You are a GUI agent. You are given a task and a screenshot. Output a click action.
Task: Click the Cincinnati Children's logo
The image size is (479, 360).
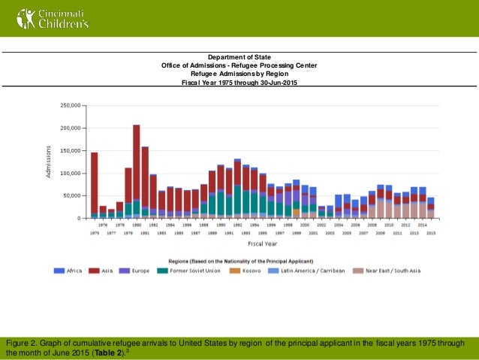[x=47, y=17]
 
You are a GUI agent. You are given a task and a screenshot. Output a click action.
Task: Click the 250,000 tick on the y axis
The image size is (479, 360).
[x=71, y=105]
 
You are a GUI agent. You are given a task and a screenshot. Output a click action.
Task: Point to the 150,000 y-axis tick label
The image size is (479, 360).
[x=71, y=150]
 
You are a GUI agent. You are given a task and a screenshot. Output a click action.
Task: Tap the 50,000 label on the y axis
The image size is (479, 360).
[x=72, y=195]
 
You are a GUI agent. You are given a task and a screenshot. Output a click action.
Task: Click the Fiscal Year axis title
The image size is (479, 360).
[x=262, y=243]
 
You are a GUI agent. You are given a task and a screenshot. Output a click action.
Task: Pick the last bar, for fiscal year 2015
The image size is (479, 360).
[x=430, y=207]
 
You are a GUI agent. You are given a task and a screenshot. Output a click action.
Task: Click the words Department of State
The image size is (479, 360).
[x=239, y=57]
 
